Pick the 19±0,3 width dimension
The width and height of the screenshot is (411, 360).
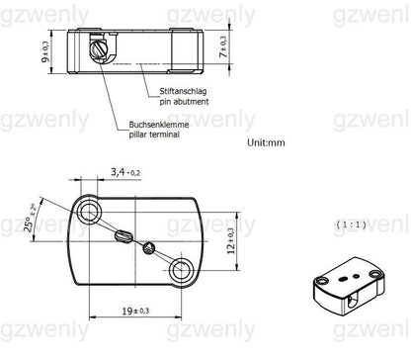point(136,310)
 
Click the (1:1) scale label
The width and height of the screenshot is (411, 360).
point(350,225)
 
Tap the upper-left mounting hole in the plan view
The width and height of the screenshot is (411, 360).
point(94,209)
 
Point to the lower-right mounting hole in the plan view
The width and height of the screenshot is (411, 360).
point(181,267)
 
